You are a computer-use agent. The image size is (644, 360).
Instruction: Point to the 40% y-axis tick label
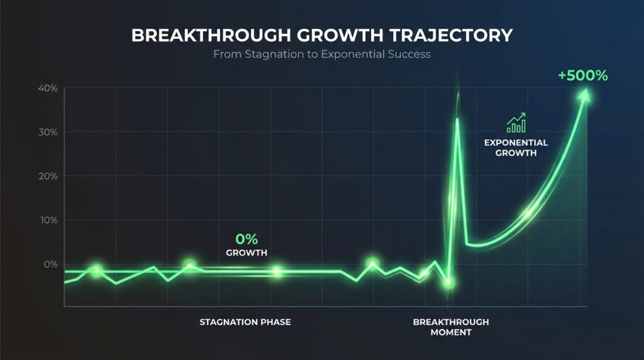(x=47, y=89)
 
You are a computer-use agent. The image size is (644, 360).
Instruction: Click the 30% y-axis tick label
(x=47, y=132)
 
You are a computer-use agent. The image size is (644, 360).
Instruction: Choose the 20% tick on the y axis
(x=47, y=176)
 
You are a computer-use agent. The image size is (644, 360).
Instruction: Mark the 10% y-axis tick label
(x=47, y=220)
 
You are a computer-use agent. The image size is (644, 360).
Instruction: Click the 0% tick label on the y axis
(x=50, y=264)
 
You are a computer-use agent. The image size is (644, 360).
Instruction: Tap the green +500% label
(x=583, y=76)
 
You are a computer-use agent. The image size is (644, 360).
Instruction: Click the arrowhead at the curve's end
(x=586, y=94)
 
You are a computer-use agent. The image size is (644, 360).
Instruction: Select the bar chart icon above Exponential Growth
(x=516, y=123)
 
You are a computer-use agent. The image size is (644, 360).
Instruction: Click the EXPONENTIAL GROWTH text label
(x=516, y=147)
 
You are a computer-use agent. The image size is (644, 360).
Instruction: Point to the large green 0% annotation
(x=247, y=239)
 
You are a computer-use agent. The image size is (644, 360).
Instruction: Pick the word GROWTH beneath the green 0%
(x=247, y=253)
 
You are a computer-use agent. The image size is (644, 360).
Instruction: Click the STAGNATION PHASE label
(x=245, y=322)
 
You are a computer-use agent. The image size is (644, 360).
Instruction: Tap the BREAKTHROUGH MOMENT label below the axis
(x=451, y=327)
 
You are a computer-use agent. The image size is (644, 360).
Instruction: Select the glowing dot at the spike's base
(x=448, y=283)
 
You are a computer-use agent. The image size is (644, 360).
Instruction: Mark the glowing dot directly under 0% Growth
(x=277, y=272)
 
